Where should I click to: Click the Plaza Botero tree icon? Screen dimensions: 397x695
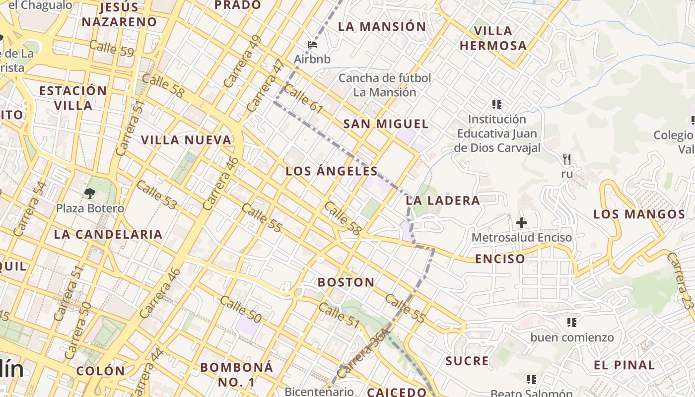coord(90,193)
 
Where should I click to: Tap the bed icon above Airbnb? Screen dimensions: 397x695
coord(312,45)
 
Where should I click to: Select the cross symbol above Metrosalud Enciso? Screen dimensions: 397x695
coord(521,222)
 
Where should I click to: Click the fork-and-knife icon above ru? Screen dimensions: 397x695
coord(567,159)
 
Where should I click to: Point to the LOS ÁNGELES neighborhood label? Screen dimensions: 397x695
coord(332,172)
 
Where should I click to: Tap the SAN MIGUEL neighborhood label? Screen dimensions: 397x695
coord(386,124)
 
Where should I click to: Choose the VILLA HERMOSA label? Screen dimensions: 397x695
coord(492,38)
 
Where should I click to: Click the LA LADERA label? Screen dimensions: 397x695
coord(443,200)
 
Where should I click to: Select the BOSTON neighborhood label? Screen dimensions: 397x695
coord(346,282)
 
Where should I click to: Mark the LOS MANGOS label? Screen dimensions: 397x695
coord(639,214)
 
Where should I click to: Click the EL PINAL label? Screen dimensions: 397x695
coord(625,365)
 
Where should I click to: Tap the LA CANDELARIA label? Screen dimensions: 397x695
coord(108,234)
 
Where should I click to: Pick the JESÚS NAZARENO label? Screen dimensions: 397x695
coord(119,15)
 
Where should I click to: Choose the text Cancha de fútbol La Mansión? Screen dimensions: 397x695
coord(385,85)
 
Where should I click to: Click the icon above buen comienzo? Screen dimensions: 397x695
coord(572,323)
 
